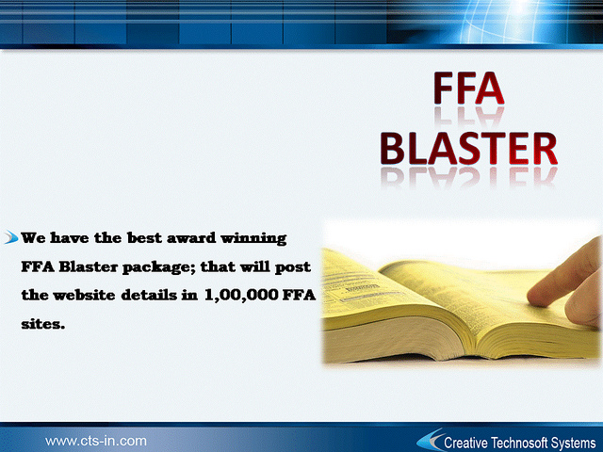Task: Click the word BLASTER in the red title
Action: point(469,149)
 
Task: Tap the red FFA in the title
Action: point(469,88)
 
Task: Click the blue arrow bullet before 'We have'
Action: point(11,237)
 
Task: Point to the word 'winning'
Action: point(253,238)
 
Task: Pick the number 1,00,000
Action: point(241,295)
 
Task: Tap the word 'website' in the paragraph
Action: point(84,295)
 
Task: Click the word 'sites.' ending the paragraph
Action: point(42,324)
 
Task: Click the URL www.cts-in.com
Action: point(96,441)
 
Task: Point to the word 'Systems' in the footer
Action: point(573,444)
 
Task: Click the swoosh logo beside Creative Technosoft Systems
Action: point(430,440)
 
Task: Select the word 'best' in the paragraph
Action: point(144,238)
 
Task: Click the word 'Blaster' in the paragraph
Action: point(88,266)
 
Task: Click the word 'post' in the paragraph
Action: point(293,267)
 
